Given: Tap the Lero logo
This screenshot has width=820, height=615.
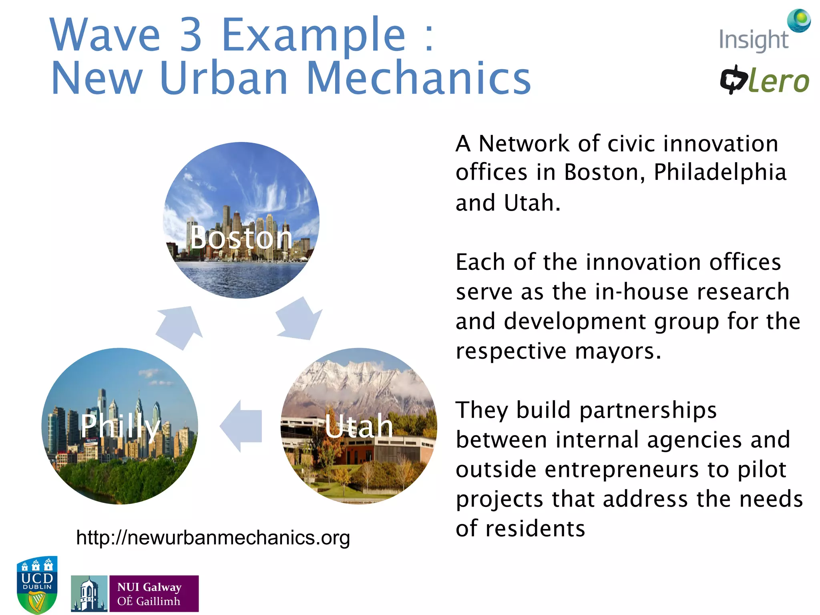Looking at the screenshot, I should [x=764, y=80].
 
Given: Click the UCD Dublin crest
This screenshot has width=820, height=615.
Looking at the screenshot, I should [x=37, y=584].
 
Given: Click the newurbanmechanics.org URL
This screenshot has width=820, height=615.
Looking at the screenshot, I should [x=213, y=538].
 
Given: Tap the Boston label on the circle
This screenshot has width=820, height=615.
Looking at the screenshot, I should [x=241, y=238].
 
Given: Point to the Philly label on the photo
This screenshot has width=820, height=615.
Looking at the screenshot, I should [x=120, y=426].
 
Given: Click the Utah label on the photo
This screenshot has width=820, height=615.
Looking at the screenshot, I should [x=359, y=426].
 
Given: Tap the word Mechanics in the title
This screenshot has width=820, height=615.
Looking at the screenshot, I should [x=418, y=78].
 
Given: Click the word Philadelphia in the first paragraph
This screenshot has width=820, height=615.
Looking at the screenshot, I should [x=720, y=172].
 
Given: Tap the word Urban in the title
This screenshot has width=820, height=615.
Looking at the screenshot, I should [x=224, y=78].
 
